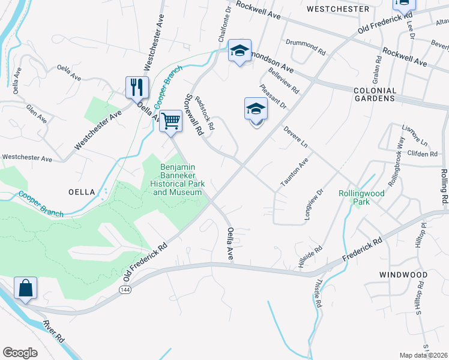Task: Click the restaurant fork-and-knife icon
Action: pos(137,88)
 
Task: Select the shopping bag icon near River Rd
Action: pos(26,288)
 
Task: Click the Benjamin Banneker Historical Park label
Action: pos(178,180)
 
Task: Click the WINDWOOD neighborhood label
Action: pos(403,275)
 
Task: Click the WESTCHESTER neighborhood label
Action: pos(337,9)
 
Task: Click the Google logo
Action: pos(20,352)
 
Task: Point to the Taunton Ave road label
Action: pos(294,172)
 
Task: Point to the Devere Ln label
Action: pos(295,137)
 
